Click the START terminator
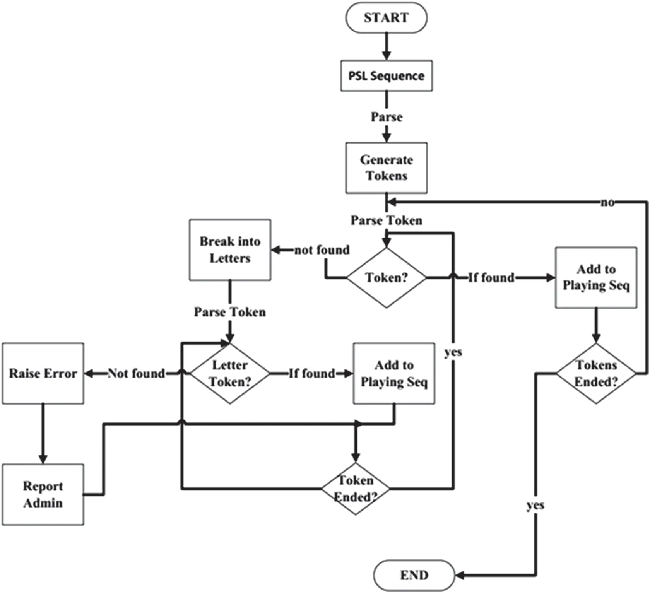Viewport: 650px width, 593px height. click(386, 18)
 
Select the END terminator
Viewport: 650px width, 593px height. click(414, 575)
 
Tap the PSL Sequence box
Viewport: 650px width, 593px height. click(386, 76)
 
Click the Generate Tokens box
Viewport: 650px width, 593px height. click(386, 168)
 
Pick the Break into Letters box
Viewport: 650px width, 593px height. click(230, 250)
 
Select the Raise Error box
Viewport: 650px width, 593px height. click(43, 374)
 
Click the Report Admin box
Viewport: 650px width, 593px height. click(43, 494)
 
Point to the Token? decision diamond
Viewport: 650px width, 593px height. click(386, 278)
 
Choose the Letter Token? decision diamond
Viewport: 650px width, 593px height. click(230, 374)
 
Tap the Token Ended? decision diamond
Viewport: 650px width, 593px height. click(356, 489)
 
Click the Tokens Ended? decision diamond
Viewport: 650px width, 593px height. click(596, 374)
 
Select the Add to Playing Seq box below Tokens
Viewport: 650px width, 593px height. click(394, 374)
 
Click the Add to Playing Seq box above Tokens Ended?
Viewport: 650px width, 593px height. click(596, 278)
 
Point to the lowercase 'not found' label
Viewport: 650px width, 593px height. click(322, 250)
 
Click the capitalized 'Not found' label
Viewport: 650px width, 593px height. click(136, 374)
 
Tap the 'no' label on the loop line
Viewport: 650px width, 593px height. click(607, 202)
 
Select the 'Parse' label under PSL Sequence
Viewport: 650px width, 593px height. click(386, 117)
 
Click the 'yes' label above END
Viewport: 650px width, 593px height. click(535, 505)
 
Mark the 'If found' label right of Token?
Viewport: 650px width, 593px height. click(491, 278)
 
